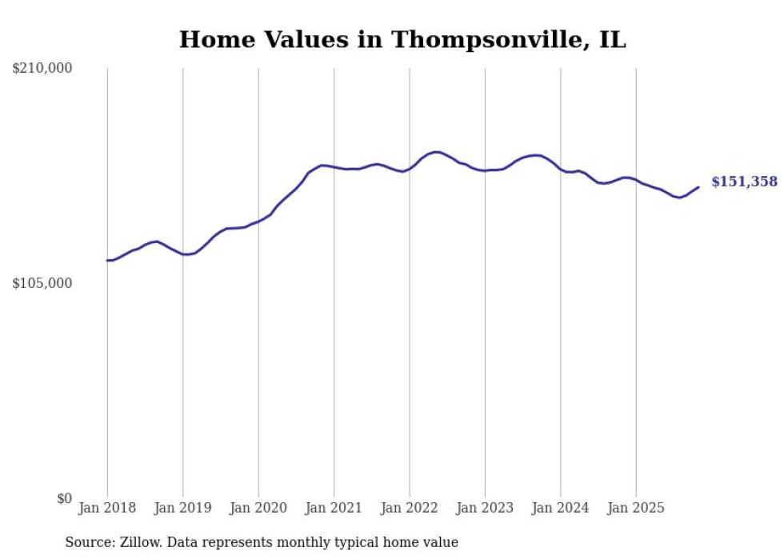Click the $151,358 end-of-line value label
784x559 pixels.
[743, 182]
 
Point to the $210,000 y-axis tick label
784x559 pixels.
[42, 69]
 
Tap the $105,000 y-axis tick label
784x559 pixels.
[42, 283]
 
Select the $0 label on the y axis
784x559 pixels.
[64, 498]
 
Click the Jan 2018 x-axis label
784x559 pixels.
[107, 508]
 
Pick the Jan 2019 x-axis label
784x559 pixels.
[183, 508]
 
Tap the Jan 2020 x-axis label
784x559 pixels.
[258, 508]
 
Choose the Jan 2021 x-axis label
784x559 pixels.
[334, 508]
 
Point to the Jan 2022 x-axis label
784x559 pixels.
[410, 508]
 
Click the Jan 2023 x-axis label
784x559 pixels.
[485, 508]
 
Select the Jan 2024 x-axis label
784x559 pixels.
[561, 508]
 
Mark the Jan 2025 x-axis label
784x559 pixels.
[636, 508]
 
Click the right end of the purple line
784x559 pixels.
[698, 187]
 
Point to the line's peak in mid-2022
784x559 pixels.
[436, 152]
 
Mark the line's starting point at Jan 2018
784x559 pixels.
[107, 260]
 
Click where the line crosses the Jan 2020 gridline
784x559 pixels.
[258, 221]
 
